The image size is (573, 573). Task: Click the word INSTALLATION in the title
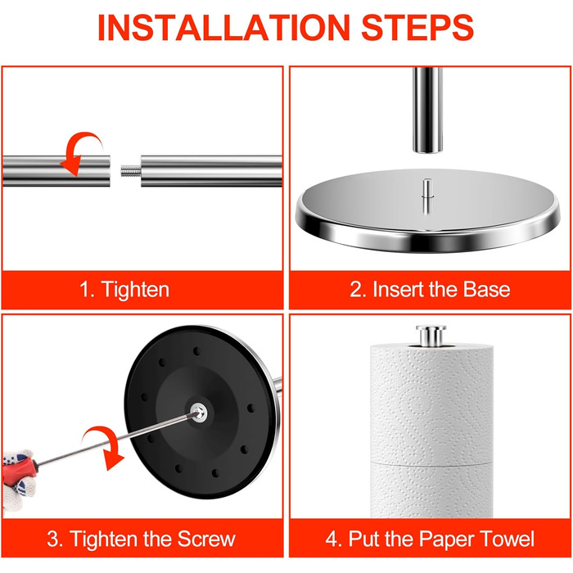(224, 28)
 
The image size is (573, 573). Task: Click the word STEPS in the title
(417, 28)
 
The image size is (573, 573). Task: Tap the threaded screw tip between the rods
(130, 170)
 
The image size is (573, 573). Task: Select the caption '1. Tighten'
(124, 290)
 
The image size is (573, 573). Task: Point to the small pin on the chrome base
(427, 196)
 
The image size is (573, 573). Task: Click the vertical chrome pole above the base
(428, 109)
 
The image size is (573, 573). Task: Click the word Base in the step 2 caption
(486, 290)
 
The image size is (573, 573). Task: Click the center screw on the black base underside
(198, 413)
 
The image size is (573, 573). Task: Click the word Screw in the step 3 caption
(206, 539)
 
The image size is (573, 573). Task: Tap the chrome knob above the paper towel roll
(431, 336)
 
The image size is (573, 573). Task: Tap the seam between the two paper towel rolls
(432, 463)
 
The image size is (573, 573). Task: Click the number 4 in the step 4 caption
(332, 539)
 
